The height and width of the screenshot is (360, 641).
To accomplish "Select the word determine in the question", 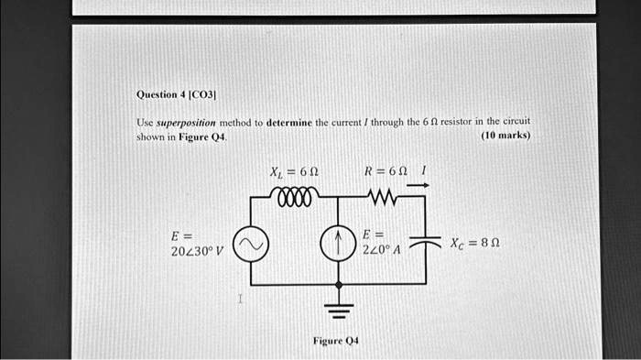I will [291, 122].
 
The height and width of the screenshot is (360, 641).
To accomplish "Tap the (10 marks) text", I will [505, 136].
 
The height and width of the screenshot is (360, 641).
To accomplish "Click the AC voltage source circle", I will [252, 243].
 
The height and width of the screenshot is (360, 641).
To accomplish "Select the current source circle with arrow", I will [334, 243].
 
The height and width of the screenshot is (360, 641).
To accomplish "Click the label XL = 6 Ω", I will [293, 171].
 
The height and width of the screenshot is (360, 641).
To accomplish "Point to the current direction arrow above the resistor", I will [417, 184].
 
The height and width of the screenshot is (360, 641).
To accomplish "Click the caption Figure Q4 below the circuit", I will [336, 340].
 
